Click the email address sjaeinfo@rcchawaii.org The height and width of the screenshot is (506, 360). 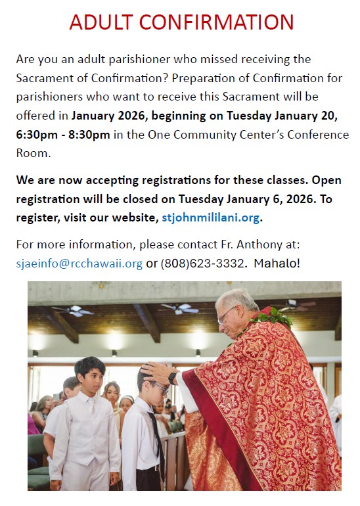(79, 263)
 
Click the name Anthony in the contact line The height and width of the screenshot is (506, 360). (255, 244)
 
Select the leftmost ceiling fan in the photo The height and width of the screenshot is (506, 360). (74, 310)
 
